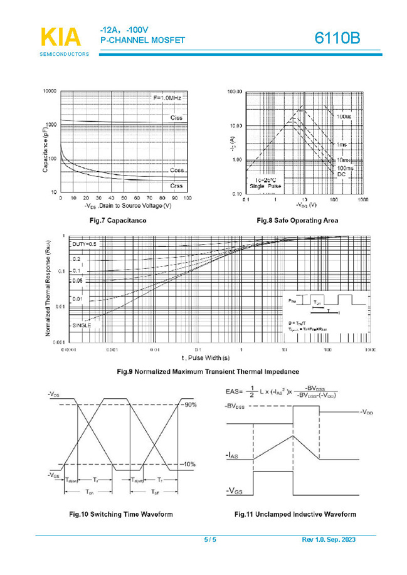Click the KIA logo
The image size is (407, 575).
coord(61,37)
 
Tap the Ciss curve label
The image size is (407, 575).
coord(176,118)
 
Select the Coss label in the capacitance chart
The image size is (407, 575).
coord(176,171)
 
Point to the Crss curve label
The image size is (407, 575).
coord(176,186)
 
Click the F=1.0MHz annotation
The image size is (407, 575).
coord(168,98)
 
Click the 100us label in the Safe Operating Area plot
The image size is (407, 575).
coord(344,117)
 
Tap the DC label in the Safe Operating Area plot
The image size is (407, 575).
coord(341,174)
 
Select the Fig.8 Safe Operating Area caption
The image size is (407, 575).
coord(297,220)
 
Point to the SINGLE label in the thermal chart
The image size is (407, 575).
coord(82,325)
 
